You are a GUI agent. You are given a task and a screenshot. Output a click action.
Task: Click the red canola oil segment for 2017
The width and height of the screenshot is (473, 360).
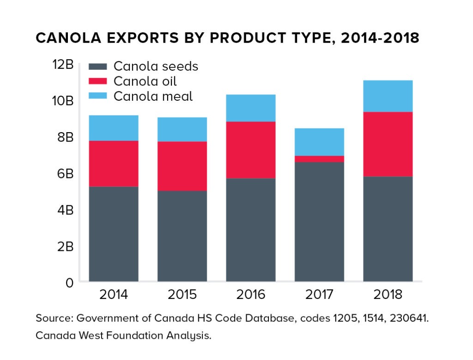[319, 159]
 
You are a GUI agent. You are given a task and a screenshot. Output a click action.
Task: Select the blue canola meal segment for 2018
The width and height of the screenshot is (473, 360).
[388, 96]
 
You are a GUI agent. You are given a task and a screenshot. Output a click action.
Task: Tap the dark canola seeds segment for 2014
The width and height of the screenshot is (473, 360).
[114, 234]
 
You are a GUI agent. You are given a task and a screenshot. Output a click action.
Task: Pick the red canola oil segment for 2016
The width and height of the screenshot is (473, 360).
[251, 150]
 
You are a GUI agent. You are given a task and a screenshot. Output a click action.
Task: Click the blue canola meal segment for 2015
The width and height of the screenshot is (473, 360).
[182, 129]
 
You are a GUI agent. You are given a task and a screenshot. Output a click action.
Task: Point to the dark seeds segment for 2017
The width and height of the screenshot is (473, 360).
[319, 221]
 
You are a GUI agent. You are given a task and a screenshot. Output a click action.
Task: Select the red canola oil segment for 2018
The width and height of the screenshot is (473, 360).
[388, 144]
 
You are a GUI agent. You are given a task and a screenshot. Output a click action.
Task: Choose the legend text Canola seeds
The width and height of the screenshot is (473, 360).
[156, 66]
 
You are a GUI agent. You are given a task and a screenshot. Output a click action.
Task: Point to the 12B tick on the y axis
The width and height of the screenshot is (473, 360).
[63, 65]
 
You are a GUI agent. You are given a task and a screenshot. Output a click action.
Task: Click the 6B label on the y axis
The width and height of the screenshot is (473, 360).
[65, 174]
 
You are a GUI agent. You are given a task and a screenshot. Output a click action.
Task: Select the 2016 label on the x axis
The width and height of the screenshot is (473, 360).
[250, 294]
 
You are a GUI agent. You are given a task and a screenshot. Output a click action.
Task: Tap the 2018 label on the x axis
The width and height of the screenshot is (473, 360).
[388, 294]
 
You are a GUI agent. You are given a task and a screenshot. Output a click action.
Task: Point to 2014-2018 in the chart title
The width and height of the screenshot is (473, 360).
[379, 38]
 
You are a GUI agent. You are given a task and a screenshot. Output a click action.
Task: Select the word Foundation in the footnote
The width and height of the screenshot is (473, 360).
[125, 336]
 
